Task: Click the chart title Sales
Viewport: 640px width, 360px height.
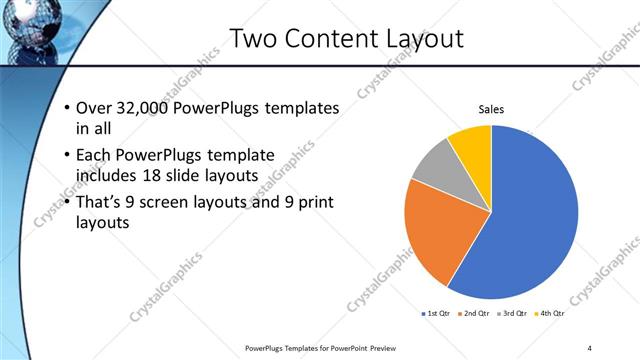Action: coord(491,109)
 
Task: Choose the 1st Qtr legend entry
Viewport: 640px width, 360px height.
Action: coord(437,315)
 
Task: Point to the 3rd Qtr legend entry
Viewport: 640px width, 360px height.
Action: coord(511,315)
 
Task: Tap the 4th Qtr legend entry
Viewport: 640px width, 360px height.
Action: coord(549,315)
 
